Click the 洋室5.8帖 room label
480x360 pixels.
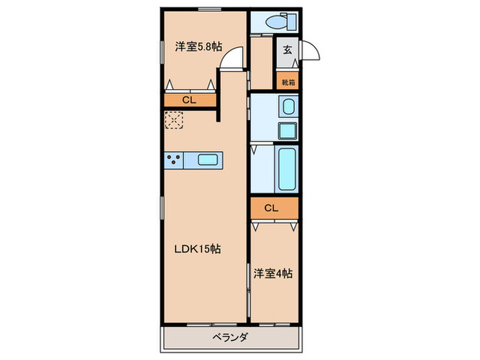pos(197,47)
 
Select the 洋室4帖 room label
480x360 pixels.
pos(274,274)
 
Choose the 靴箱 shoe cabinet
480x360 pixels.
pos(287,82)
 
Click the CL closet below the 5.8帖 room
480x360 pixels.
pos(189,100)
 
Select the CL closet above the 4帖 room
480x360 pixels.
pos(273,208)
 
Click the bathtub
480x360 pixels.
pos(287,167)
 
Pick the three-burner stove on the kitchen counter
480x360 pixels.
pos(174,160)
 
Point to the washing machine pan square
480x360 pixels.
pos(287,130)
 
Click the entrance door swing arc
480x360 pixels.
pos(310,52)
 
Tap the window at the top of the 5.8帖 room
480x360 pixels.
pos(209,10)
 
